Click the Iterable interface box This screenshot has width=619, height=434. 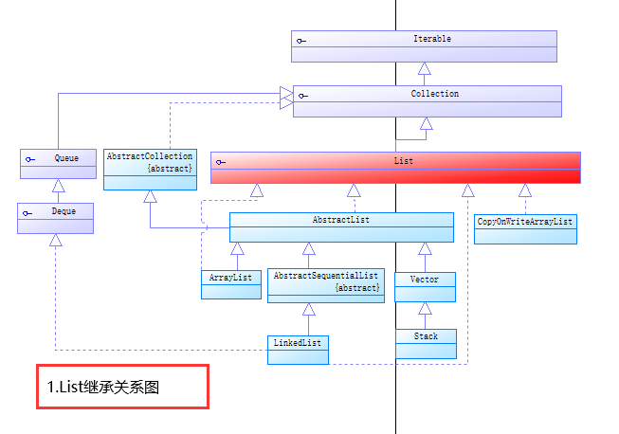424,45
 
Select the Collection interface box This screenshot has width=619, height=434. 427,100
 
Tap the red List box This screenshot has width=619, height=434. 395,167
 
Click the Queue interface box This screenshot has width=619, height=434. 59,163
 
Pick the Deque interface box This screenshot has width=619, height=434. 56,217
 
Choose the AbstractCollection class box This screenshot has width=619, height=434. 150,168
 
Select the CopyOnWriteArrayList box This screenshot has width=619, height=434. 525,227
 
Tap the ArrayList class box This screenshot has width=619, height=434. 231,283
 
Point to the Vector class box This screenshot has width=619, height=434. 425,286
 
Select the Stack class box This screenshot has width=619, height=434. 425,342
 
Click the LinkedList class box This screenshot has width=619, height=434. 298,349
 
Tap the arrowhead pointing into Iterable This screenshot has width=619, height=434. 425,68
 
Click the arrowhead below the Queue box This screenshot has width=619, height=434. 58,186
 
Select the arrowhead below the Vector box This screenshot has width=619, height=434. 425,308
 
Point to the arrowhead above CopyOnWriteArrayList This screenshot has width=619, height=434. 524,190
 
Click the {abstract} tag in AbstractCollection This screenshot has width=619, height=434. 170,168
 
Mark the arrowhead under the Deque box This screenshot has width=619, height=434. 56,240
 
